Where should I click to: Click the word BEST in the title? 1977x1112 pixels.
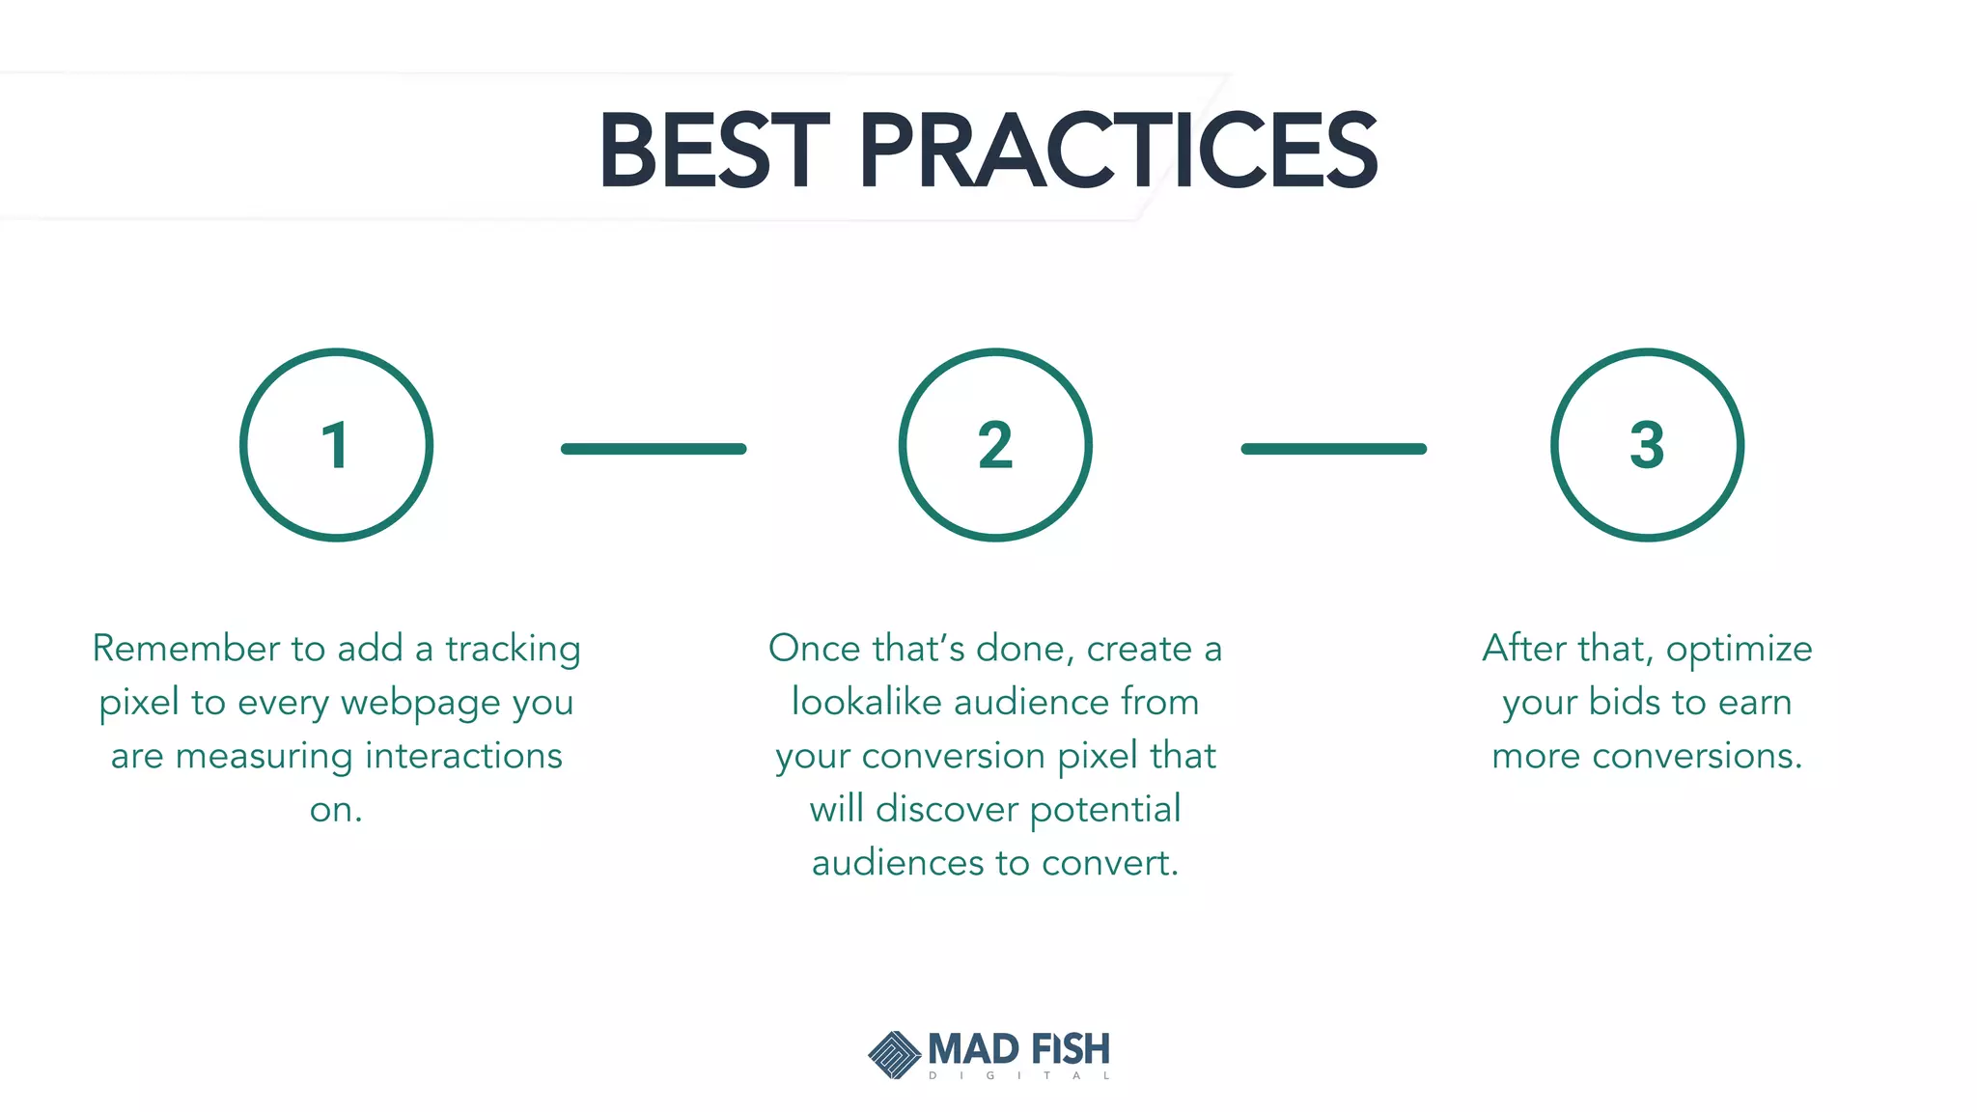(x=713, y=151)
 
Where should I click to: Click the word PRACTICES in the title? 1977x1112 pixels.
(x=1117, y=151)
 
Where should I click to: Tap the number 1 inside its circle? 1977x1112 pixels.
(x=335, y=446)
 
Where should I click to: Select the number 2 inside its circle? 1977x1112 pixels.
(x=995, y=446)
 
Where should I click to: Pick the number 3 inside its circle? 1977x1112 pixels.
(x=1647, y=445)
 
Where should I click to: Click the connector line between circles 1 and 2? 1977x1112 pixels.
(x=654, y=449)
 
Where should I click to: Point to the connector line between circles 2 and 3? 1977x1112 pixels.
(x=1333, y=449)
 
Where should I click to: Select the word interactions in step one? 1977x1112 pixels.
(x=463, y=756)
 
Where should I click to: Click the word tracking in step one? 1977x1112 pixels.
(x=513, y=649)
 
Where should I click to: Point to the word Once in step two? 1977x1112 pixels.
(x=815, y=648)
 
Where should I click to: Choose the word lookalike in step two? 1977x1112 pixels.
(x=866, y=702)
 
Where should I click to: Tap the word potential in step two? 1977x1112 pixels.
(x=1105, y=810)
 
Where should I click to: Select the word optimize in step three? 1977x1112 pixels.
(x=1739, y=650)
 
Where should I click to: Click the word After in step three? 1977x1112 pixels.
(x=1524, y=648)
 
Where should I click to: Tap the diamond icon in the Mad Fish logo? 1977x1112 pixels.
(x=894, y=1054)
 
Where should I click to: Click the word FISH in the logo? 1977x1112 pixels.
(x=1070, y=1049)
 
